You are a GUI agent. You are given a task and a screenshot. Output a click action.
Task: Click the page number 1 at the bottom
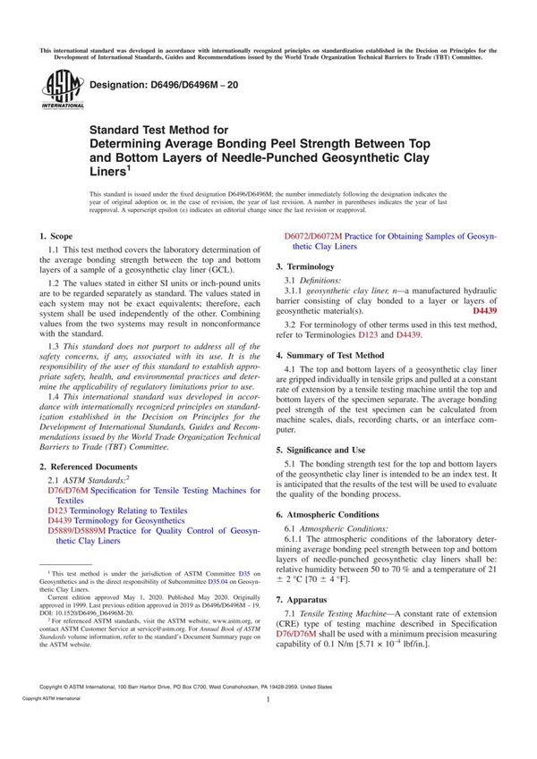(x=268, y=726)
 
